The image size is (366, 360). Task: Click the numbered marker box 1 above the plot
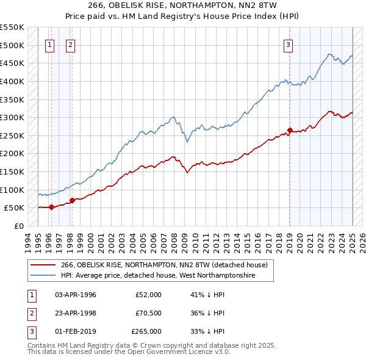pyautogui.click(x=49, y=44)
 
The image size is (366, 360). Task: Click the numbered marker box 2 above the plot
pyautogui.click(x=71, y=44)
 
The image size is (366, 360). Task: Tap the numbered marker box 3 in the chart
pyautogui.click(x=288, y=44)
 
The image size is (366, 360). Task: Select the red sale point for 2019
pyautogui.click(x=290, y=130)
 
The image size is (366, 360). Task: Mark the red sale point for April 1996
pyautogui.click(x=51, y=207)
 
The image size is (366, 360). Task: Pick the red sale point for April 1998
pyautogui.click(x=72, y=200)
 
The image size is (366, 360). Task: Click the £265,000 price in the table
pyautogui.click(x=146, y=331)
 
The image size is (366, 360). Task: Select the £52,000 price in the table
pyautogui.click(x=148, y=295)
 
